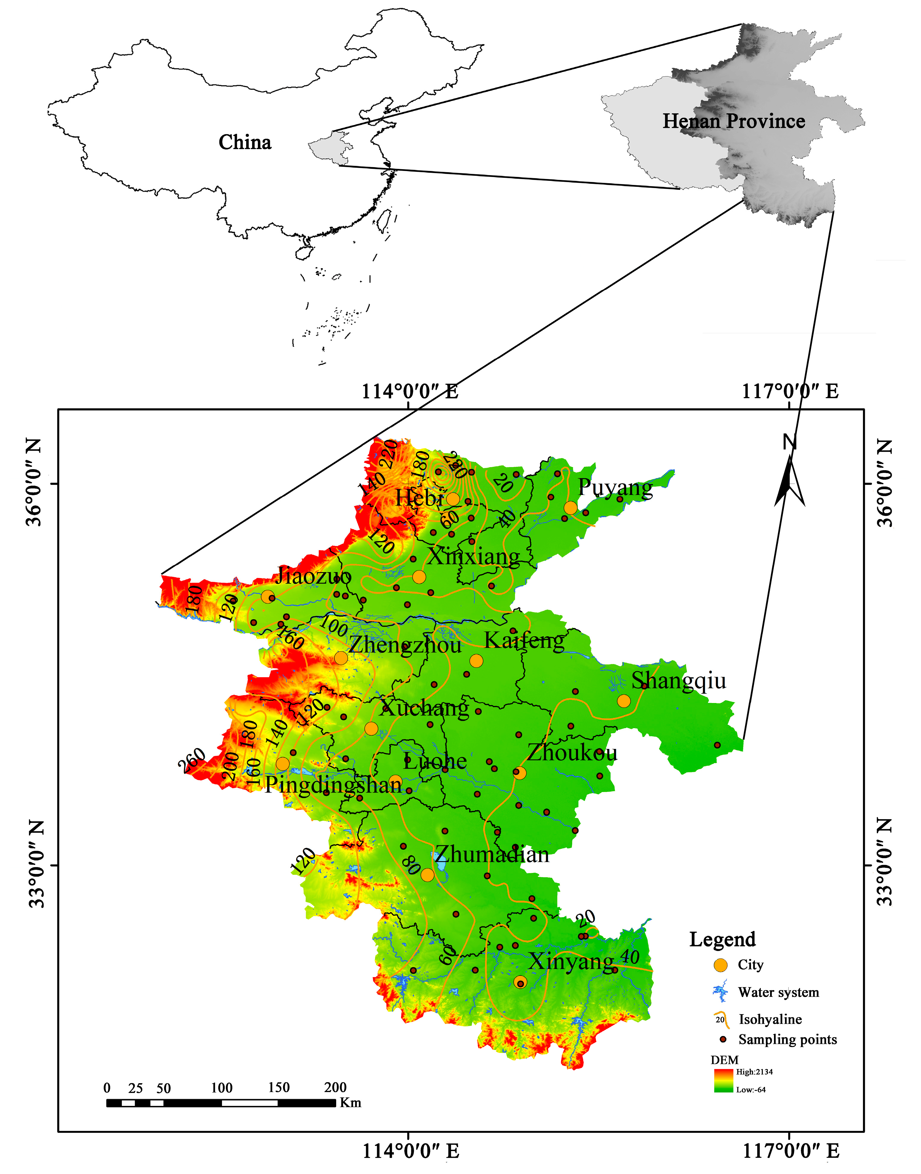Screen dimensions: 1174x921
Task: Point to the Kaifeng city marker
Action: click(476, 661)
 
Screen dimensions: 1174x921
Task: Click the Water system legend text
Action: click(778, 992)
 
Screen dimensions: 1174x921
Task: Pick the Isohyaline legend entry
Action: click(770, 1019)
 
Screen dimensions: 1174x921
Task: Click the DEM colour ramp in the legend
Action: click(723, 1081)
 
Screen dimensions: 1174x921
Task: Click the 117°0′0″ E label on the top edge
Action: click(790, 391)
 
